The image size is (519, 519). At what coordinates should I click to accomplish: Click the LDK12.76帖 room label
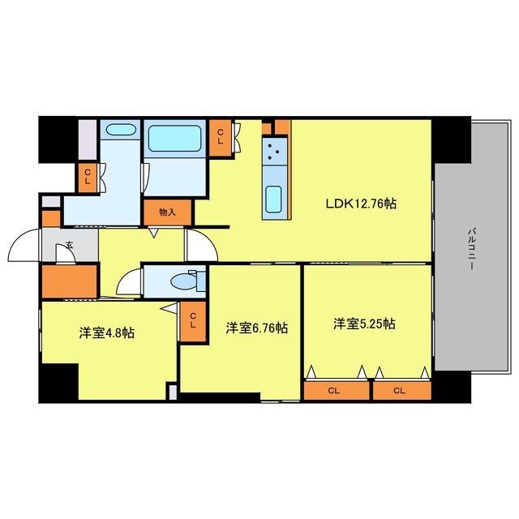pyautogui.click(x=361, y=204)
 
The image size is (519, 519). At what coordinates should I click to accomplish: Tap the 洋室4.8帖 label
pyautogui.click(x=106, y=332)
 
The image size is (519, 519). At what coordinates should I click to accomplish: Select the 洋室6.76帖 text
pyautogui.click(x=257, y=328)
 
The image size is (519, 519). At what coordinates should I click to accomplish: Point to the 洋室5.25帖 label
pyautogui.click(x=364, y=324)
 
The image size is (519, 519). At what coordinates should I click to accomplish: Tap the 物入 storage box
pyautogui.click(x=168, y=212)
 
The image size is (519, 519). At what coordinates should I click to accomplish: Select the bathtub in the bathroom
pyautogui.click(x=175, y=139)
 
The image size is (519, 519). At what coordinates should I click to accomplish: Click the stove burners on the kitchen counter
pyautogui.click(x=274, y=152)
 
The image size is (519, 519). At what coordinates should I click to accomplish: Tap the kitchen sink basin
pyautogui.click(x=274, y=199)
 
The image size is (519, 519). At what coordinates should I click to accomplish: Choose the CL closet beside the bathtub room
pyautogui.click(x=221, y=137)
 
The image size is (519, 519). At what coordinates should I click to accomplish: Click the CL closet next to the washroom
pyautogui.click(x=88, y=178)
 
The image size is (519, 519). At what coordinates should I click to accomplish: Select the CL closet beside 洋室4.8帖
pyautogui.click(x=193, y=321)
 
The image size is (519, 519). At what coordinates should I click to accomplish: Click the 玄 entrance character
pyautogui.click(x=69, y=245)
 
